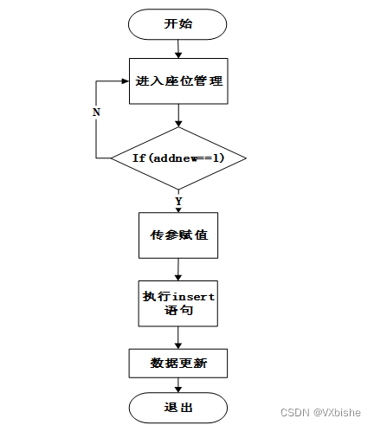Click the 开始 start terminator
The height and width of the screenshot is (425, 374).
(x=177, y=24)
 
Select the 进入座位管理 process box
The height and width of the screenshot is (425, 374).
(x=178, y=81)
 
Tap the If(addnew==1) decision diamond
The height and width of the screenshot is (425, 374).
(x=178, y=158)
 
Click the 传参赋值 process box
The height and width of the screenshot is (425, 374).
(x=178, y=235)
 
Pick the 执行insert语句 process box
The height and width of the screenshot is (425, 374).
(x=178, y=304)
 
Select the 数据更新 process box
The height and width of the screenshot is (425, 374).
(x=178, y=364)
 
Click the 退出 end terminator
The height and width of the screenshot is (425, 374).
(x=178, y=408)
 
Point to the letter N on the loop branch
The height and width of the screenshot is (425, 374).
(x=96, y=112)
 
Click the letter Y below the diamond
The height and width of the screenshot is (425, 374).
(x=178, y=201)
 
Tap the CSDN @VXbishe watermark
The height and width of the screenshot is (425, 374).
(x=320, y=412)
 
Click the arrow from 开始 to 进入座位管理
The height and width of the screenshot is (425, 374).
(x=178, y=49)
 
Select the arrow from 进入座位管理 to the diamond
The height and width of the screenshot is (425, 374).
(x=178, y=115)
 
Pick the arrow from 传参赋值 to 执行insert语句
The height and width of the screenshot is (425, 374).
(x=178, y=269)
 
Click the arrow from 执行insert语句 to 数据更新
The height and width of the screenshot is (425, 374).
(x=178, y=338)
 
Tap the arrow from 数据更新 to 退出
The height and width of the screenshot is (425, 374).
(x=178, y=385)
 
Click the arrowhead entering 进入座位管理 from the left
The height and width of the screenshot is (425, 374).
(x=126, y=81)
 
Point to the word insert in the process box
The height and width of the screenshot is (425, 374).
(x=193, y=297)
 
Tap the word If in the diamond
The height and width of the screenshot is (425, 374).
(x=139, y=158)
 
